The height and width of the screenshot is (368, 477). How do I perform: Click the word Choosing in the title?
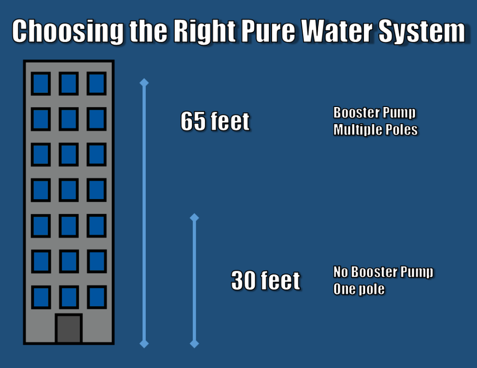[x=68, y=32]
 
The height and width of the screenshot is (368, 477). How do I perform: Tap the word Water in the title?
[x=337, y=31]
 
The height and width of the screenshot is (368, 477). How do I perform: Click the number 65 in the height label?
[x=193, y=121]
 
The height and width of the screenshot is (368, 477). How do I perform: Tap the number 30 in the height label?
[x=243, y=281]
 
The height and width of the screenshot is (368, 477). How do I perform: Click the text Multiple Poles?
[x=375, y=130]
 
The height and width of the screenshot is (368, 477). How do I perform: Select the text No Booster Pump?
[x=383, y=272]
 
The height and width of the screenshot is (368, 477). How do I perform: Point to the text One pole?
[x=359, y=289]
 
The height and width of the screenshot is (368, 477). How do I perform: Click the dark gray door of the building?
[x=69, y=328]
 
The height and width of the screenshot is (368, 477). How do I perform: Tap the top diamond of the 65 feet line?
[x=144, y=83]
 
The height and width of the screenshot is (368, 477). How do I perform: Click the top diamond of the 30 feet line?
[x=194, y=218]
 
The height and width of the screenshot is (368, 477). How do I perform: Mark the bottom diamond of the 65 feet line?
[x=144, y=344]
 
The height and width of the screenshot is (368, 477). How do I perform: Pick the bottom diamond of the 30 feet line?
[x=194, y=344]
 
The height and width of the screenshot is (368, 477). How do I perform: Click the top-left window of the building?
[x=41, y=84]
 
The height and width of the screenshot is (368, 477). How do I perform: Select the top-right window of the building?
[x=97, y=84]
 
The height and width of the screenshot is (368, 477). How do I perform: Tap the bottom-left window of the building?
[x=41, y=297]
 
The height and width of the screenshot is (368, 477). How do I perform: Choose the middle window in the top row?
[x=69, y=84]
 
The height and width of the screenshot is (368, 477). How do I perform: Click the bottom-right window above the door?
[x=97, y=297]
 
